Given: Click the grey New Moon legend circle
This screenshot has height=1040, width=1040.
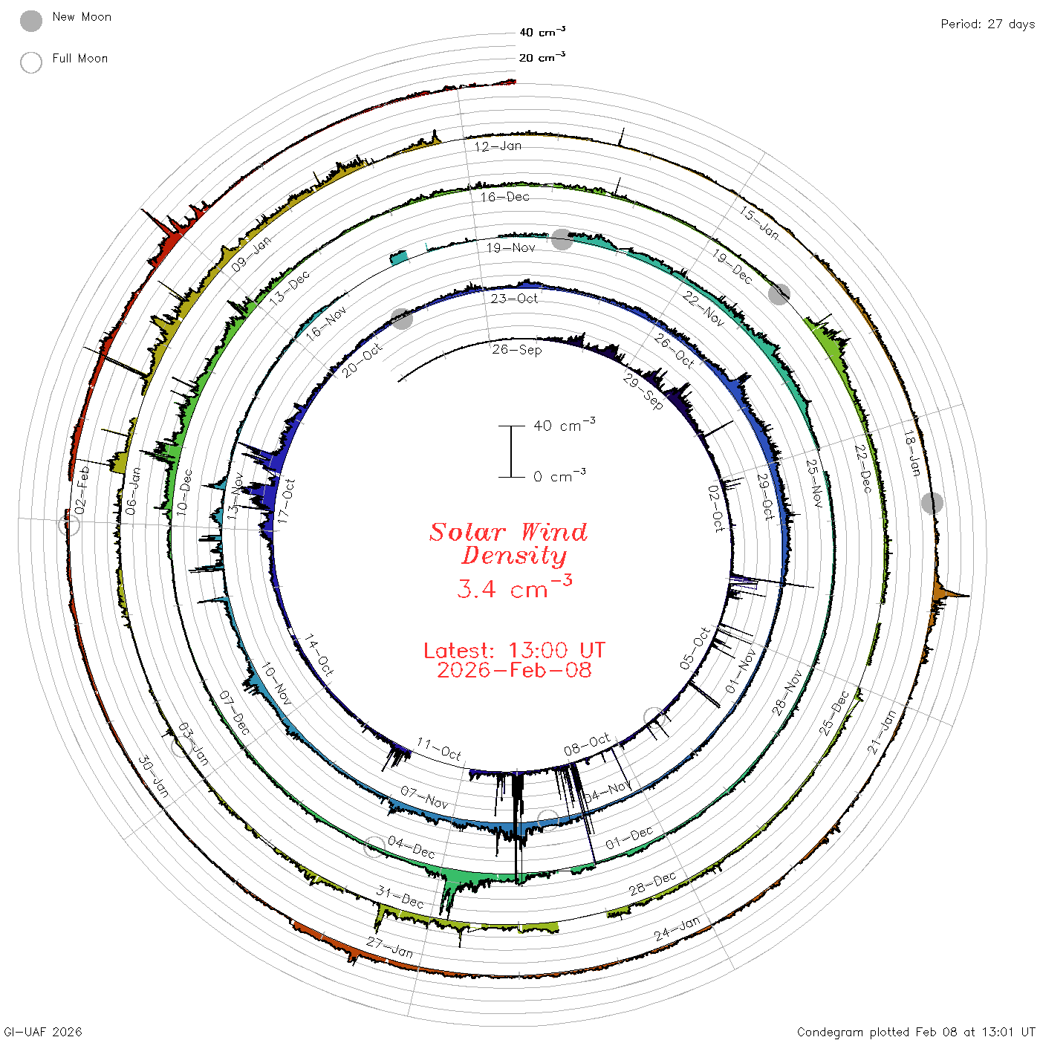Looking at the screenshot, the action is tap(31, 21).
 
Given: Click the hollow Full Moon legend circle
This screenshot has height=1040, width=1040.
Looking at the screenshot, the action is tap(31, 62).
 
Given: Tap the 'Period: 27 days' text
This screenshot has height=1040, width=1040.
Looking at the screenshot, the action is tap(987, 25).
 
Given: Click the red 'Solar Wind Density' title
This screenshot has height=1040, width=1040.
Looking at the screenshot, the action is tap(508, 544).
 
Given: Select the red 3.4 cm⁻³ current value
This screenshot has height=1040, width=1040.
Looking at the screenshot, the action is tap(514, 587).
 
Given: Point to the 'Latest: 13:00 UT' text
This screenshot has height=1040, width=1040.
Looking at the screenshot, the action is tap(514, 650).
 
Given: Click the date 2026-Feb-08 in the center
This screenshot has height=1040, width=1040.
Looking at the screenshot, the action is tap(514, 670).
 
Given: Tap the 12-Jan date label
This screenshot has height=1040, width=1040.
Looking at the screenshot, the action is tap(498, 146).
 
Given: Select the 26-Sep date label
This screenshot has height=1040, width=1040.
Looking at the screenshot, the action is tap(516, 350).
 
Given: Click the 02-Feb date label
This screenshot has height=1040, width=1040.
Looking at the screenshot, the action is tap(82, 490).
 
